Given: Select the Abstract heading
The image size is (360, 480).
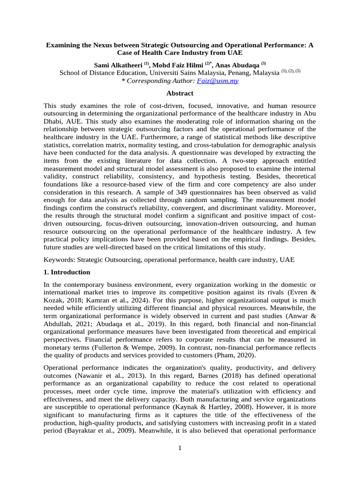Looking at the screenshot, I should tap(180, 93).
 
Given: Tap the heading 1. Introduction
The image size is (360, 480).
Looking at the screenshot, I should tap(67, 272).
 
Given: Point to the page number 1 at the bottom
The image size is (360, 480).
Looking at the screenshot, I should tap(180, 448).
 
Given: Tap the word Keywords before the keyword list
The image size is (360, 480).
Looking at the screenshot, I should tap(59, 260).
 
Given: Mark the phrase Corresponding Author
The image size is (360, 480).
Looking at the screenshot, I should tap(157, 81).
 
